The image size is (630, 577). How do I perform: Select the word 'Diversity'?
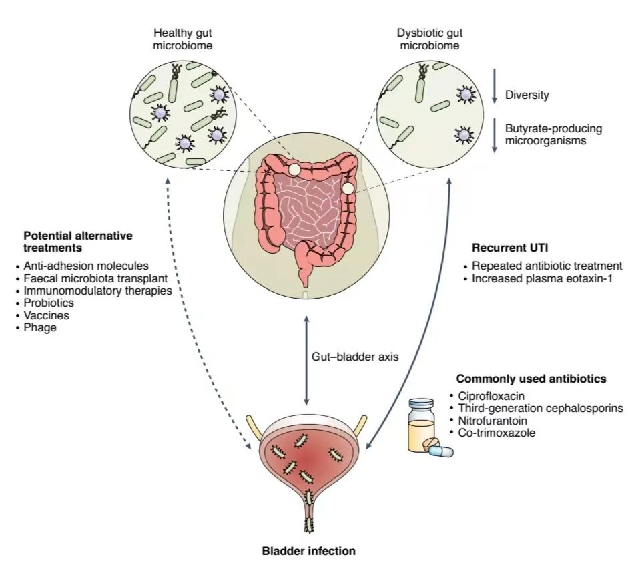click(527, 95)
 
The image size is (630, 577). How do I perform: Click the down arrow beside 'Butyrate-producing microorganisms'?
click(495, 136)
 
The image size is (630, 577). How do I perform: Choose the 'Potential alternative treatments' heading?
click(78, 242)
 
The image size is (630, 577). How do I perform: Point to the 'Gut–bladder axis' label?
click(355, 357)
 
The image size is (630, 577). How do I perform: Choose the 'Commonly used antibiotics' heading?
click(531, 379)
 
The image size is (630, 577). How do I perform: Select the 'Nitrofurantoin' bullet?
click(493, 421)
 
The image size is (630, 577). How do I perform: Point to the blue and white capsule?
click(441, 451)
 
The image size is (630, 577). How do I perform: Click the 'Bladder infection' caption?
click(308, 552)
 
